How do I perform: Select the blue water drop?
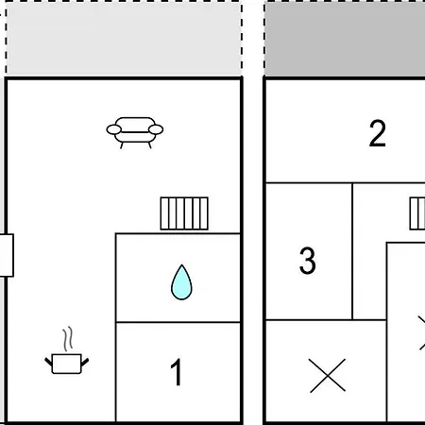click(x=181, y=282)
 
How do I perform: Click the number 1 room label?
click(x=177, y=372)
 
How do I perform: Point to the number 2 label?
click(x=377, y=133)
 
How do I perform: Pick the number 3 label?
click(x=308, y=261)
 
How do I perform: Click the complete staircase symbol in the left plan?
click(x=184, y=213)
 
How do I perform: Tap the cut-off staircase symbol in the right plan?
click(x=417, y=213)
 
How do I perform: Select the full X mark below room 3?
click(x=328, y=376)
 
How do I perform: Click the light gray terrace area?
click(x=124, y=40)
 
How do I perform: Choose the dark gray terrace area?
click(x=345, y=40)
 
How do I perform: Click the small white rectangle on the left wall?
click(x=7, y=255)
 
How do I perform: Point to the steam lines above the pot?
click(x=68, y=339)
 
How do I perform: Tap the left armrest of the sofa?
click(x=113, y=129)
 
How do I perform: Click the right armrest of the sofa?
click(x=156, y=129)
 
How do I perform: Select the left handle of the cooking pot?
click(x=49, y=362)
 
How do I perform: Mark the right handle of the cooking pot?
click(x=85, y=362)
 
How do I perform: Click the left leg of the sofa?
click(x=122, y=145)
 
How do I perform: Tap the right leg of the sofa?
click(x=149, y=145)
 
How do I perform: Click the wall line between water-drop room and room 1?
click(x=178, y=322)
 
